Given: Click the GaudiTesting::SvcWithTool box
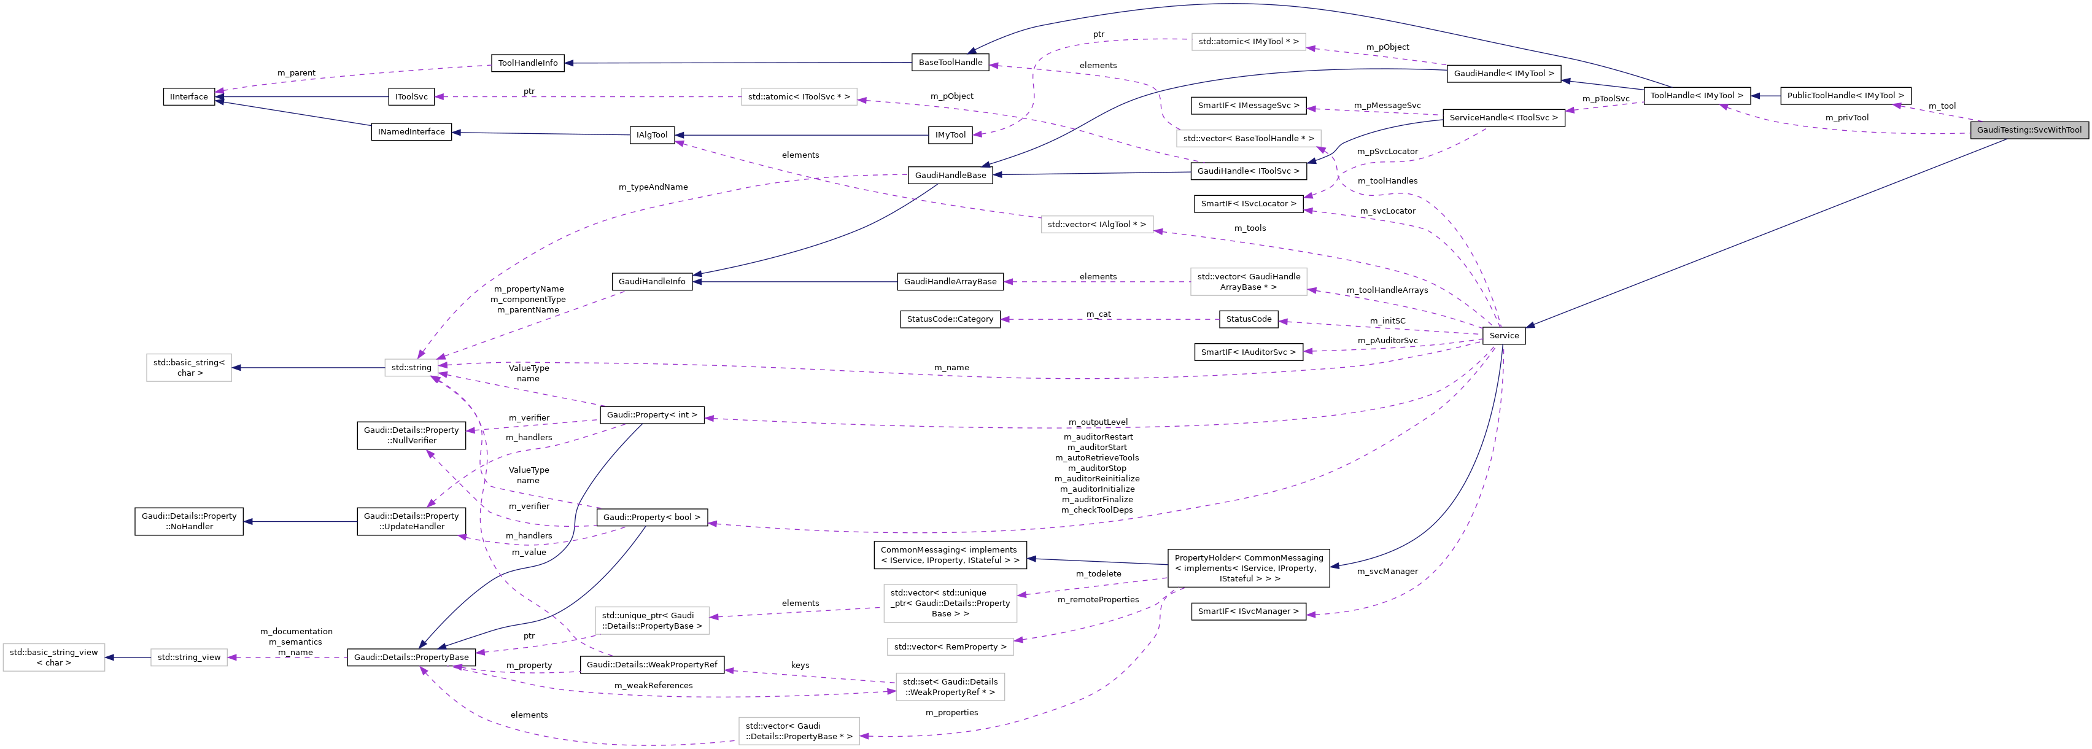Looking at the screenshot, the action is pos(2028,130).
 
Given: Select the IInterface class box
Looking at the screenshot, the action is pos(188,96).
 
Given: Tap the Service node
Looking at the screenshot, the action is pos(1503,335).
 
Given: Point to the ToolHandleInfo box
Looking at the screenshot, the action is pos(527,63).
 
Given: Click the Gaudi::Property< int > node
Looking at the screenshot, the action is pos(651,415).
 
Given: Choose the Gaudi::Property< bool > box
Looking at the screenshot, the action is pos(651,518).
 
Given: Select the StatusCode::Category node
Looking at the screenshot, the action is pos(950,319).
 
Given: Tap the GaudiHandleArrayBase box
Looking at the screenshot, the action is pos(950,282).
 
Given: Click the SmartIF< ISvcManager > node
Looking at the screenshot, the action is pos(1248,611).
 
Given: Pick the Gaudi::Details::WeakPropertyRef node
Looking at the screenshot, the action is pos(651,664).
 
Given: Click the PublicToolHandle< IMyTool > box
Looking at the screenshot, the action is pos(1845,96).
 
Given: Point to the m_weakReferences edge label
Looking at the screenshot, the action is pos(653,686).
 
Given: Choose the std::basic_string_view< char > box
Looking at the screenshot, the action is pos(53,657).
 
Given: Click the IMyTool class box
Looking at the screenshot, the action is pos(950,135).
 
